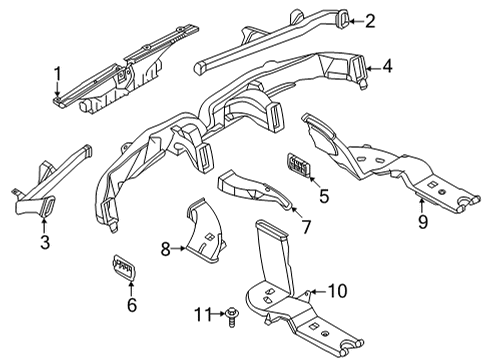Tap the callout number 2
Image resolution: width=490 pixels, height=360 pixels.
click(x=369, y=21)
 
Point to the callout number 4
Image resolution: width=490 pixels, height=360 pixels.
click(x=386, y=68)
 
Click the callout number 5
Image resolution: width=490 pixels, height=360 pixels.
click(x=323, y=195)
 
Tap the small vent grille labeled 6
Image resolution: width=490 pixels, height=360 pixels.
click(x=125, y=269)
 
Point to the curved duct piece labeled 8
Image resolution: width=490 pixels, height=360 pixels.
click(x=205, y=235)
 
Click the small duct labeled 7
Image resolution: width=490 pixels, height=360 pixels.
click(x=250, y=187)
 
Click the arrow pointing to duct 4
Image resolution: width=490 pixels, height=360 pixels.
click(x=371, y=68)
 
